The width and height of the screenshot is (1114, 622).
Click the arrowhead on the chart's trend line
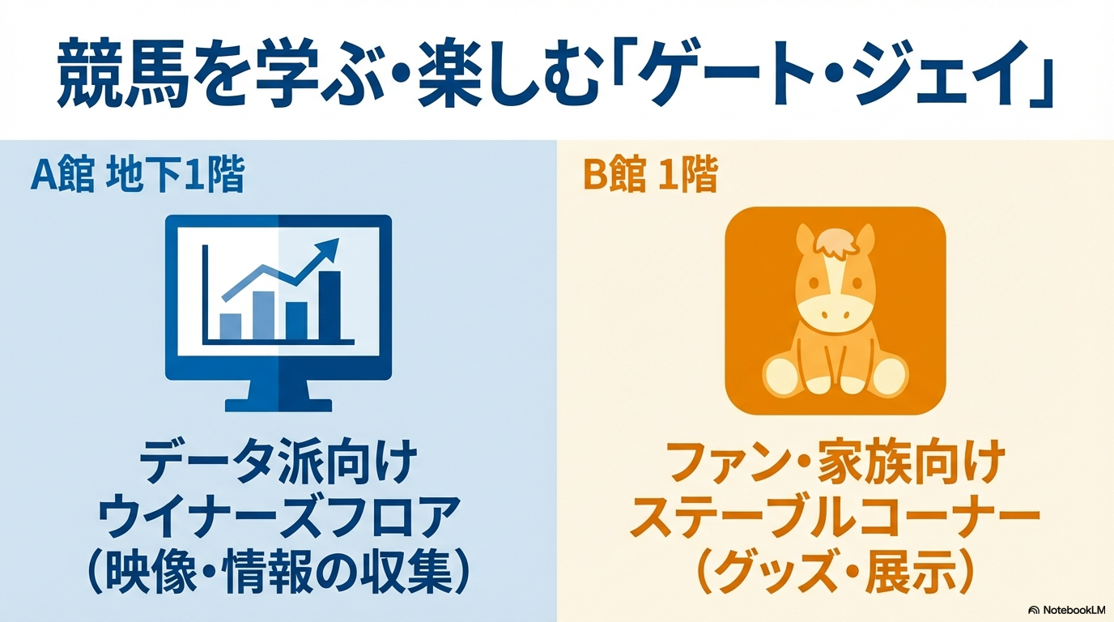(x=328, y=249)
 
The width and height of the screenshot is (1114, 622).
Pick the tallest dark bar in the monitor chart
(x=330, y=305)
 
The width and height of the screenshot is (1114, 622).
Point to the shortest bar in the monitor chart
(x=230, y=326)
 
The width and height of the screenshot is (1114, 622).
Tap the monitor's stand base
(x=278, y=405)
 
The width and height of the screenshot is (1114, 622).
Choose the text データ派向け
(x=278, y=462)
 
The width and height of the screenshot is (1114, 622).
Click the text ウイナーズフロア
(x=278, y=518)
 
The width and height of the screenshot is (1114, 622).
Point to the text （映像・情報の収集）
(x=278, y=573)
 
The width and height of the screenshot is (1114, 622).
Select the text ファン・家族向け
(x=835, y=462)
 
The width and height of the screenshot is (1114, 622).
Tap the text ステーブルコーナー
(x=835, y=518)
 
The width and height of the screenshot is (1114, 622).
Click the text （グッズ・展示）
(x=835, y=573)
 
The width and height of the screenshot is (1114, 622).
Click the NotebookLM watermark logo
(x=1067, y=610)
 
